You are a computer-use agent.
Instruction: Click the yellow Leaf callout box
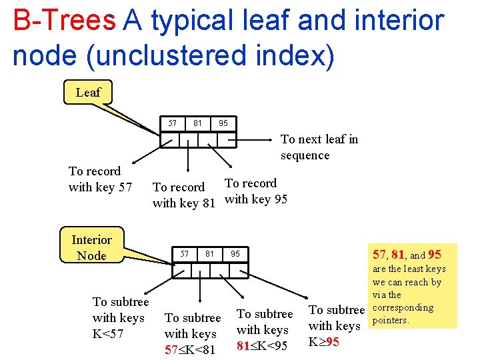87,93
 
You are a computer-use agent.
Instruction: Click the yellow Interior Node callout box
91,247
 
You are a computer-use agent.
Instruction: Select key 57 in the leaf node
173,123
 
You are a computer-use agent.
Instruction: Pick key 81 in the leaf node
197,123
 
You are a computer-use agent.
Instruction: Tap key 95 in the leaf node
223,123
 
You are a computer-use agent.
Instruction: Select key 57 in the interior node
185,253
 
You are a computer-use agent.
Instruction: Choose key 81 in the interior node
210,253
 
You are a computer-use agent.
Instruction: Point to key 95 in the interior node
235,253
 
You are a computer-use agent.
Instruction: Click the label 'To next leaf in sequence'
319,147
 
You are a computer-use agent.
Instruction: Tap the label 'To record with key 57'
100,179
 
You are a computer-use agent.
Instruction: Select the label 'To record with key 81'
183,195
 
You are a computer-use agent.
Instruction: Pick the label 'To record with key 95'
256,191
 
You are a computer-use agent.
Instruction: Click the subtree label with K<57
120,318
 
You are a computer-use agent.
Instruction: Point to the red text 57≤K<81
190,349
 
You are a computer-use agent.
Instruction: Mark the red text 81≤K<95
262,345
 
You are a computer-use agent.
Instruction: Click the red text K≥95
323,341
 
